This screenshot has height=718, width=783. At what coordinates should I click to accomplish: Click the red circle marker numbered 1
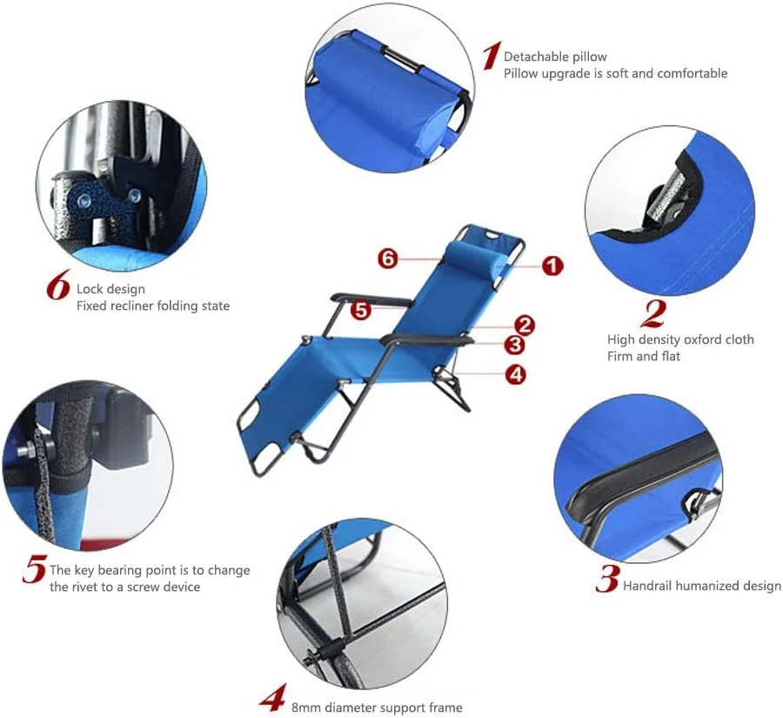[x=552, y=265]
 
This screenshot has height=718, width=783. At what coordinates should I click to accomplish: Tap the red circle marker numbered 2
[x=524, y=325]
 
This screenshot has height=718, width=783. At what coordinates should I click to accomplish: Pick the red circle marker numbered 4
[x=515, y=373]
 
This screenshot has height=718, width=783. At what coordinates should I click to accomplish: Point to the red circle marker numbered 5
[x=360, y=311]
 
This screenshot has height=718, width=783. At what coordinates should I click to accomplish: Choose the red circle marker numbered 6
[x=388, y=258]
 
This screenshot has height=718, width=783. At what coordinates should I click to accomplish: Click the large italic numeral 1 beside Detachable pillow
[x=492, y=56]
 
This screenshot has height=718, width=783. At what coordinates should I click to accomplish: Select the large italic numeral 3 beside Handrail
[x=608, y=579]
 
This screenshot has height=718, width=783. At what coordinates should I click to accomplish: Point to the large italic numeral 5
[x=35, y=569]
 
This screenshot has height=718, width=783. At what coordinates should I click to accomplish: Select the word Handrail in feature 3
[x=647, y=585]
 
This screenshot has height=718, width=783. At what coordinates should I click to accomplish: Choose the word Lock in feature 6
[x=90, y=289]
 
